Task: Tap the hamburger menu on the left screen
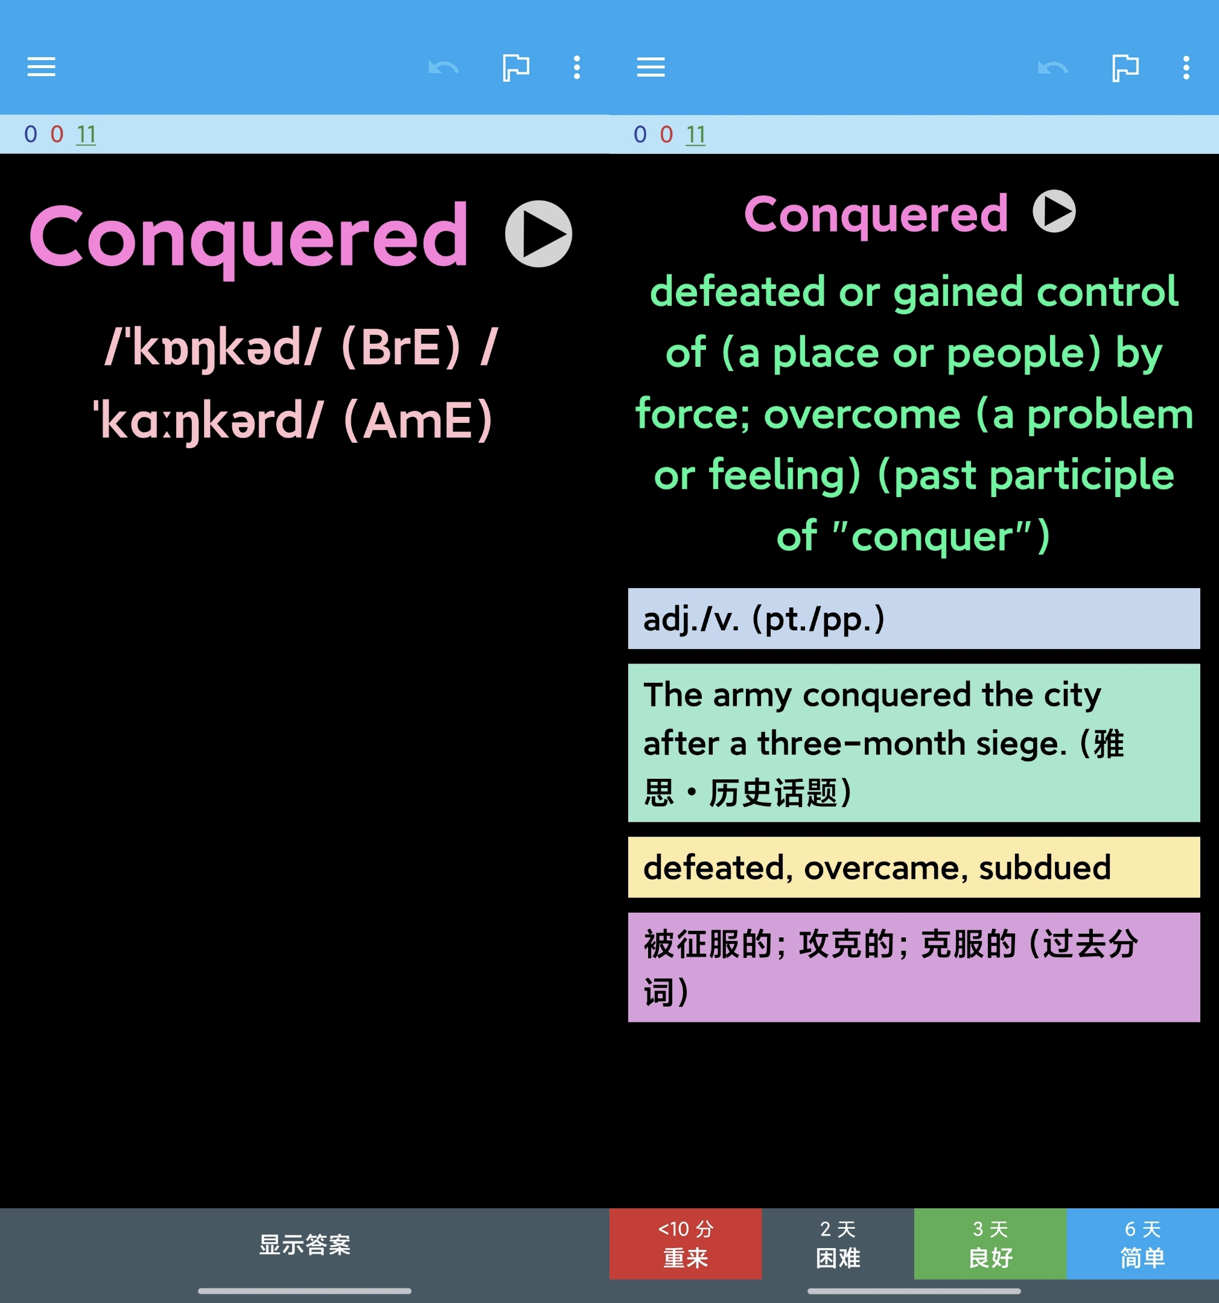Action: click(x=41, y=67)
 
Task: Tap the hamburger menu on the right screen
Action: click(x=651, y=67)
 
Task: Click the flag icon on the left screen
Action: click(x=515, y=67)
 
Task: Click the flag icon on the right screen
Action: click(x=1125, y=67)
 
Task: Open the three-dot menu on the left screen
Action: click(x=576, y=67)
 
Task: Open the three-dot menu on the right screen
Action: click(x=1186, y=67)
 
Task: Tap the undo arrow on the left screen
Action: click(x=444, y=67)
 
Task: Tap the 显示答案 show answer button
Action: click(x=305, y=1244)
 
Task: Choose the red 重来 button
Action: click(x=686, y=1243)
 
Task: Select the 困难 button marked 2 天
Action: click(x=838, y=1243)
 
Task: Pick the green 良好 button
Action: click(x=990, y=1243)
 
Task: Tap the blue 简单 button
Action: click(x=1142, y=1243)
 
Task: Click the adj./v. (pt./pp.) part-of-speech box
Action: click(x=914, y=618)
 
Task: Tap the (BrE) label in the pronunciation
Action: click(x=401, y=347)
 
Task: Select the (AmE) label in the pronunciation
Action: click(x=418, y=420)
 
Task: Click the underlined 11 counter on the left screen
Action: click(x=86, y=135)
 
